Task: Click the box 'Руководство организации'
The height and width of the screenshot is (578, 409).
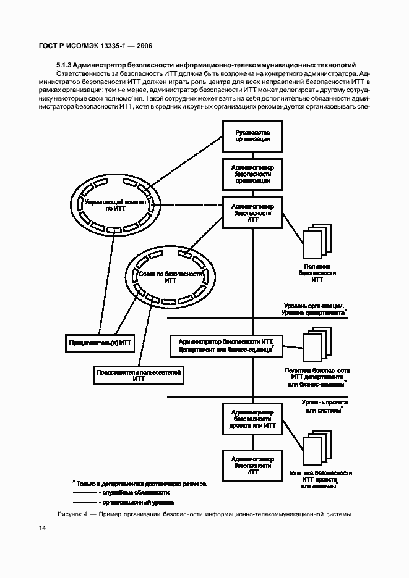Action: point(252,136)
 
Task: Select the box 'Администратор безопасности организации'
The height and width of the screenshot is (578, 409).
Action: point(252,174)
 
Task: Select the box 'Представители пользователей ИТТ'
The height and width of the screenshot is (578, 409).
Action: point(138,376)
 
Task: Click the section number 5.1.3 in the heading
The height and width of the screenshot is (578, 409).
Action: point(66,64)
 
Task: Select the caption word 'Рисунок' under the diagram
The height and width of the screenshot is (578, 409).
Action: point(71,514)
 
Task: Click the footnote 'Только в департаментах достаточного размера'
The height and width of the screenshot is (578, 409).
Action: point(141,483)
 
